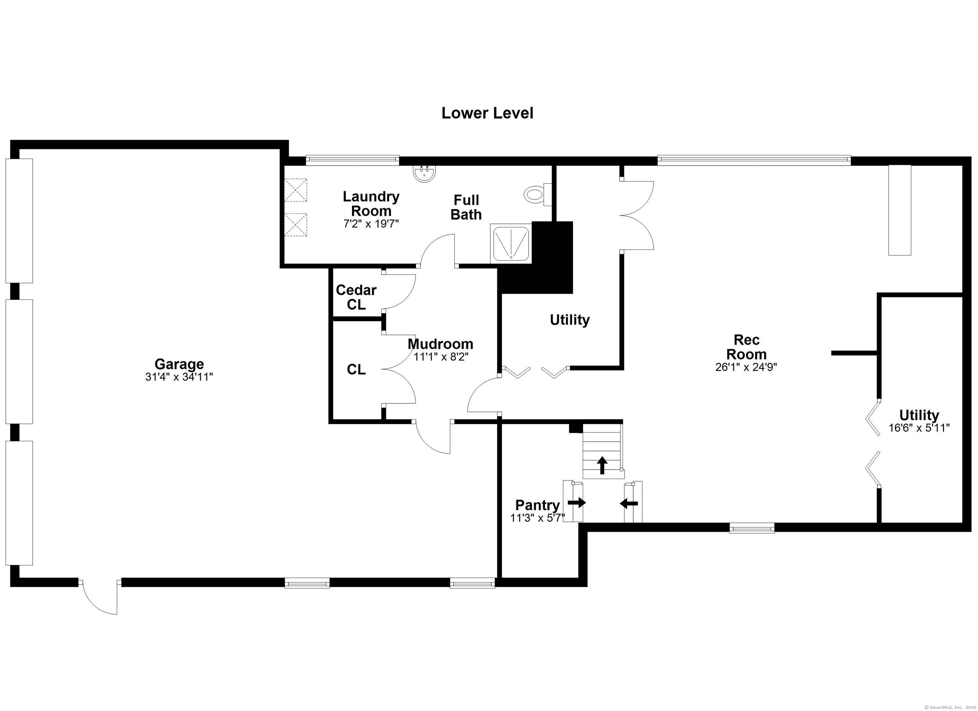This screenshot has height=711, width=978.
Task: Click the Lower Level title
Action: point(487,113)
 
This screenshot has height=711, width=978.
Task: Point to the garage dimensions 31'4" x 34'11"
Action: point(179,377)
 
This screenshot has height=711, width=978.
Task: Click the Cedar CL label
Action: point(356,297)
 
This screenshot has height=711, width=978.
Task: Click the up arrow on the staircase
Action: point(602,465)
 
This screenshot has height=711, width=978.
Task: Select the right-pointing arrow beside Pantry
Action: point(577,502)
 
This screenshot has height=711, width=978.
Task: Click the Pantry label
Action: point(537,505)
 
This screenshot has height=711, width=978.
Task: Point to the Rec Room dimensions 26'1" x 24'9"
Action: point(746,367)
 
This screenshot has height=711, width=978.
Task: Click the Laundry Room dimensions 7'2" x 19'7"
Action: point(371,224)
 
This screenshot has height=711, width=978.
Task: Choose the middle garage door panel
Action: point(19,361)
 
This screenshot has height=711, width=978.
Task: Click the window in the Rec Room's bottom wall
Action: point(752,528)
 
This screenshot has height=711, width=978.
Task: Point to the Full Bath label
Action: point(466,208)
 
